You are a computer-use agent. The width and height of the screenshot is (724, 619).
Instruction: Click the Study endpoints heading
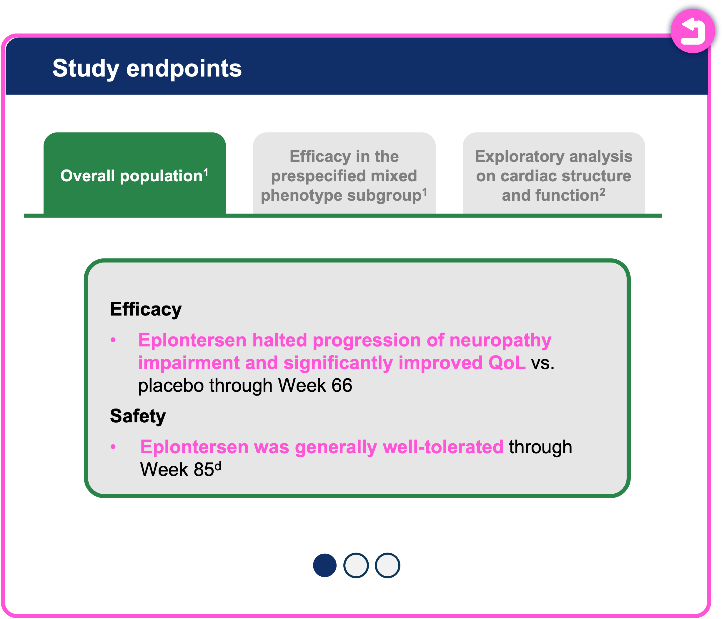(x=147, y=68)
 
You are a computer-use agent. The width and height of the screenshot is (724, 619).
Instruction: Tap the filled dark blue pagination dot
(x=324, y=565)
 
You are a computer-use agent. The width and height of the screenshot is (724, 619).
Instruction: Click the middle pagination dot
(x=356, y=565)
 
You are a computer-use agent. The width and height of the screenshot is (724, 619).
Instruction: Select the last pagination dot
(x=387, y=565)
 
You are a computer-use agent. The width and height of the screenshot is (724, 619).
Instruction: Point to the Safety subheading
(x=138, y=416)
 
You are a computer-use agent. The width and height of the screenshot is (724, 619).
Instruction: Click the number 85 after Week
(x=204, y=469)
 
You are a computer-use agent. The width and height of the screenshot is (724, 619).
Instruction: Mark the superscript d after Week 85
(x=218, y=466)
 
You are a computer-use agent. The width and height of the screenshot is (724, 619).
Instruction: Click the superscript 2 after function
(x=602, y=192)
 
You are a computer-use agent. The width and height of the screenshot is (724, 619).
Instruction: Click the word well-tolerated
(x=443, y=447)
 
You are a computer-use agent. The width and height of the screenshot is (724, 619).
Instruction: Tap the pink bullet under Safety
(x=113, y=447)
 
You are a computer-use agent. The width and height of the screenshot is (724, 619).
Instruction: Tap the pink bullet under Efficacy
(x=113, y=340)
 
